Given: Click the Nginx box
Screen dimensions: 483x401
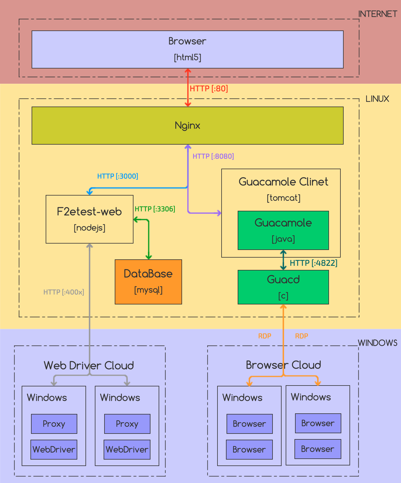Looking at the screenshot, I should pos(187,126).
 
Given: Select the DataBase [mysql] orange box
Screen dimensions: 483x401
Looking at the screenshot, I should pos(148,282).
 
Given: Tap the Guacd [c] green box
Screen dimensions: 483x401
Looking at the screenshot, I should pos(283,287).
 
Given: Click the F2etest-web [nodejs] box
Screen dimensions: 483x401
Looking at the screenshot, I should pos(90,219).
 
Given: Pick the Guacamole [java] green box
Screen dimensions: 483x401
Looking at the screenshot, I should pos(283,230).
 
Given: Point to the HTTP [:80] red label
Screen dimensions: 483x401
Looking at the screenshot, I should pos(209,88).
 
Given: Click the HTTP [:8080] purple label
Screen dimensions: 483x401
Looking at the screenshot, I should pos(213,156).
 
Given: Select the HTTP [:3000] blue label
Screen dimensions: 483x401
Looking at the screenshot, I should pos(118,176).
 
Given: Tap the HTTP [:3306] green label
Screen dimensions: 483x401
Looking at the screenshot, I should pos(155,209).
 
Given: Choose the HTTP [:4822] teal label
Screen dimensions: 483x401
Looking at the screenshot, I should pos(313,263).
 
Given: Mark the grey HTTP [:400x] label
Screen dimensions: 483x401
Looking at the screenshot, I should pos(64,292).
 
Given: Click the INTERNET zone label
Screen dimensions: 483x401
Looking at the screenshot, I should pos(378,14).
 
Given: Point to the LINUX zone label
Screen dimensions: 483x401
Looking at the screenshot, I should pos(377,99).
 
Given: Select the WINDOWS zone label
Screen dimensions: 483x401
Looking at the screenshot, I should pos(378,343).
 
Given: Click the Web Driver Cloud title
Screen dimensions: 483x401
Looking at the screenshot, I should pos(89,365).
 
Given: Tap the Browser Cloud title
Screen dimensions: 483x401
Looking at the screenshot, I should pos(283,365).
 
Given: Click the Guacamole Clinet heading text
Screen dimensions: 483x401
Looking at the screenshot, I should pos(283,182).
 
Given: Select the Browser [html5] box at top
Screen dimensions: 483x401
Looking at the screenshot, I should pos(187,49).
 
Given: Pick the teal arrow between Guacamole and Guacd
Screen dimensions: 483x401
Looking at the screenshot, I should pos(283,260).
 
